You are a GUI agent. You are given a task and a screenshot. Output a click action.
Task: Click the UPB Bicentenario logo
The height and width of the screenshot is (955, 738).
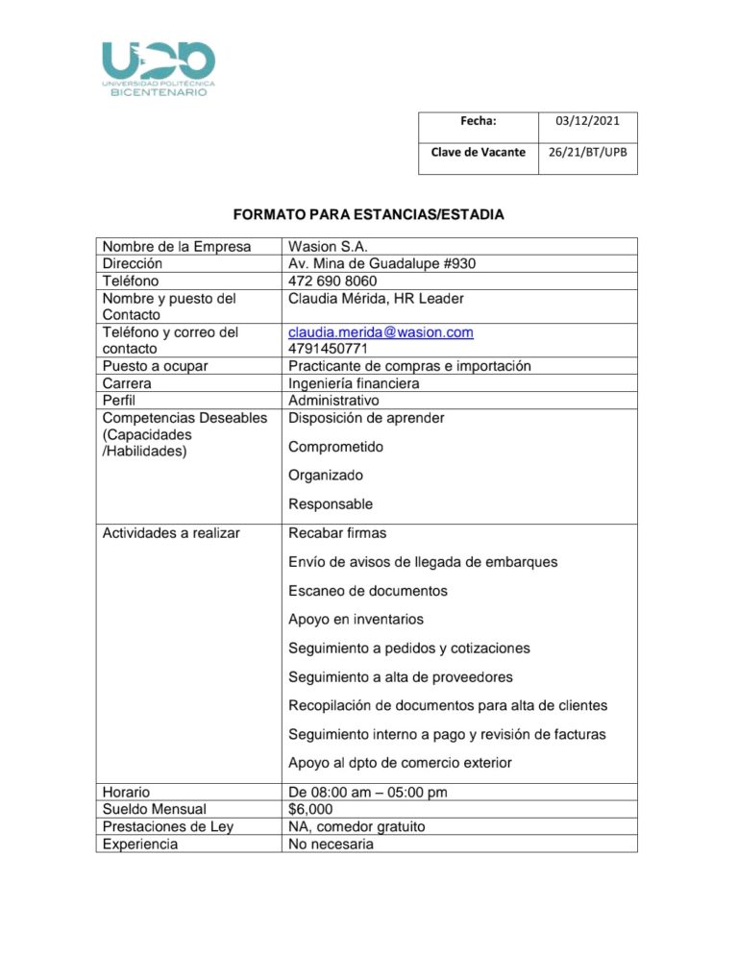(159, 67)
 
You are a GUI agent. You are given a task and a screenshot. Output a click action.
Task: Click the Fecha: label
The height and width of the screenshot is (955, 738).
(478, 121)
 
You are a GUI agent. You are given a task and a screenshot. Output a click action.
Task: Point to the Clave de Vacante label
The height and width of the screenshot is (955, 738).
(478, 152)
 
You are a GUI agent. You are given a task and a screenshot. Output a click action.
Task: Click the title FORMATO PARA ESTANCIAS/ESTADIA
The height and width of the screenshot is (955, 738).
(368, 213)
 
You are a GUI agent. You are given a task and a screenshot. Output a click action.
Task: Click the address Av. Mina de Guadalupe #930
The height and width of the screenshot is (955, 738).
(382, 264)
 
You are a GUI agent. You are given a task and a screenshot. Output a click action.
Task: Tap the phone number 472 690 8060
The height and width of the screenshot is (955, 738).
(332, 282)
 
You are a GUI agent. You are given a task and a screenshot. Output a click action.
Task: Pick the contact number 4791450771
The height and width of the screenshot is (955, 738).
(328, 349)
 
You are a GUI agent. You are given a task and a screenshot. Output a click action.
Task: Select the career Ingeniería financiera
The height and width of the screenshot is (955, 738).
(354, 383)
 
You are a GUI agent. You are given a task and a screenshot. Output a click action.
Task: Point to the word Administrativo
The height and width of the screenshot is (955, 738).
(333, 401)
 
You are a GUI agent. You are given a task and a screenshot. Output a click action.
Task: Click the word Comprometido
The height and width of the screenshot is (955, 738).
(336, 447)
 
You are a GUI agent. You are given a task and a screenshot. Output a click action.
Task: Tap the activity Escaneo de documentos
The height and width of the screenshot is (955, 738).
(368, 591)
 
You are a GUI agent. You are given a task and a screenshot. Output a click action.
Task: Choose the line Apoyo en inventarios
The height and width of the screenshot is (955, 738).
(356, 620)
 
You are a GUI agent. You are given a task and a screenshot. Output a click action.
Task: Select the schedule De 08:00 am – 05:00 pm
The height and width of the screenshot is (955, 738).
(368, 793)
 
